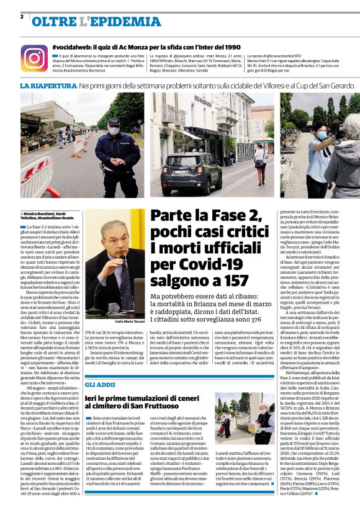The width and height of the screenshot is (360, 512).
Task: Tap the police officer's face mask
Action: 114,132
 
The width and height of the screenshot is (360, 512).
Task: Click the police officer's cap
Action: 114,122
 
